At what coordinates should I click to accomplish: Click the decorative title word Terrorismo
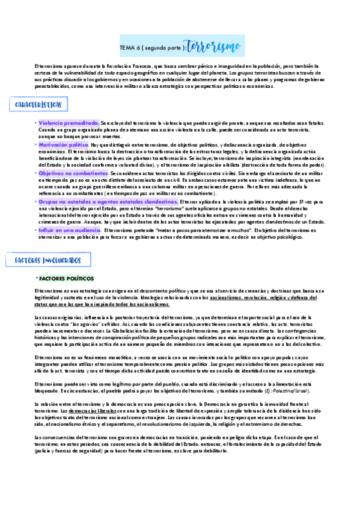coord(216,46)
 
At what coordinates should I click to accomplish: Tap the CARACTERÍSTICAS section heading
coord(38,105)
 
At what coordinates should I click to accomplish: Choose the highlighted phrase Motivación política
coord(63,145)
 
